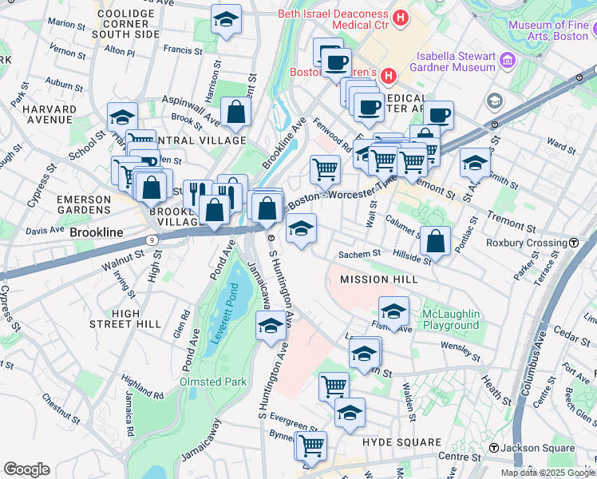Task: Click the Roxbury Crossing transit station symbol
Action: click(574, 243)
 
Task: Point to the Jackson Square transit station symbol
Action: click(495, 449)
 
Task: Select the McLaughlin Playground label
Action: click(450, 319)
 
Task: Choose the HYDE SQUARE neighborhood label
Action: click(401, 442)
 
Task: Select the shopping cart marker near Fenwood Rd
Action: click(325, 168)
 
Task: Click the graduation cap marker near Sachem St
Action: click(301, 229)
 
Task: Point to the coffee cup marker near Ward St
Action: click(438, 115)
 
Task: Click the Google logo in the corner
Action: click(26, 469)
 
